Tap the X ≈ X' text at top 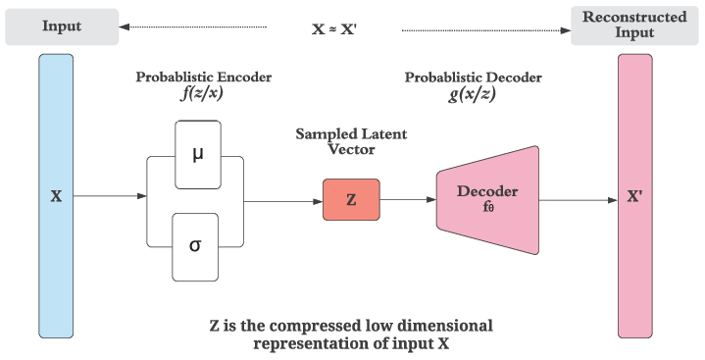coord(334,29)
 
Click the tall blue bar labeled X coord(56,196)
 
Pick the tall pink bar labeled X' coord(634,196)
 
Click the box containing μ coord(197,154)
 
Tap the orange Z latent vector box coord(351,199)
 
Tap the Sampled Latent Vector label coord(351,140)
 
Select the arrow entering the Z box coord(284,200)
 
